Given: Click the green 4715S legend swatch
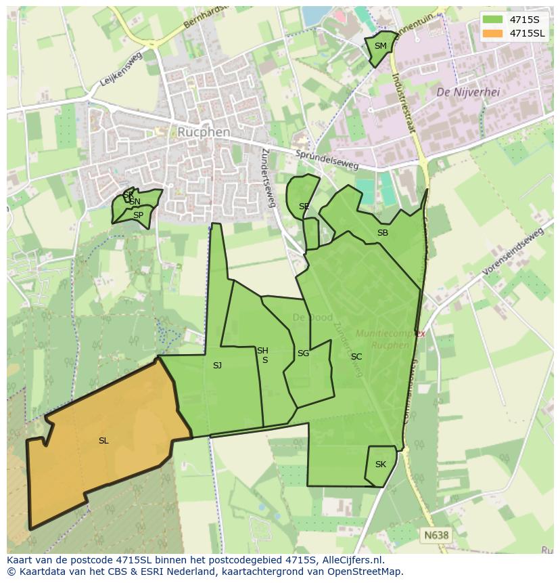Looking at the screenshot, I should point(493,20).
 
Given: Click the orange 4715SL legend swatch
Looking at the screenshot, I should point(493,33).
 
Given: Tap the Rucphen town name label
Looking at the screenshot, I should point(204,132).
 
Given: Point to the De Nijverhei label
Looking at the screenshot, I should point(468,92).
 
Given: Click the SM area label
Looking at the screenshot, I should point(380,47).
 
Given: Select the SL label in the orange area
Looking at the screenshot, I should point(103,441).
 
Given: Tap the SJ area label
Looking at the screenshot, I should point(217,366).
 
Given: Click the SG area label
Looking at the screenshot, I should point(303,353).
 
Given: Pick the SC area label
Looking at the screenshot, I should point(356,357).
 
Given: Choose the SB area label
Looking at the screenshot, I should point(383,234).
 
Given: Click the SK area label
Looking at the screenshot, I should point(380,465).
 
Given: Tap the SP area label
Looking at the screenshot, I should point(138,215).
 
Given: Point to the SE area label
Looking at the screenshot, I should point(304,207).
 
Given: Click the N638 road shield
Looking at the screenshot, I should point(436,535).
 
